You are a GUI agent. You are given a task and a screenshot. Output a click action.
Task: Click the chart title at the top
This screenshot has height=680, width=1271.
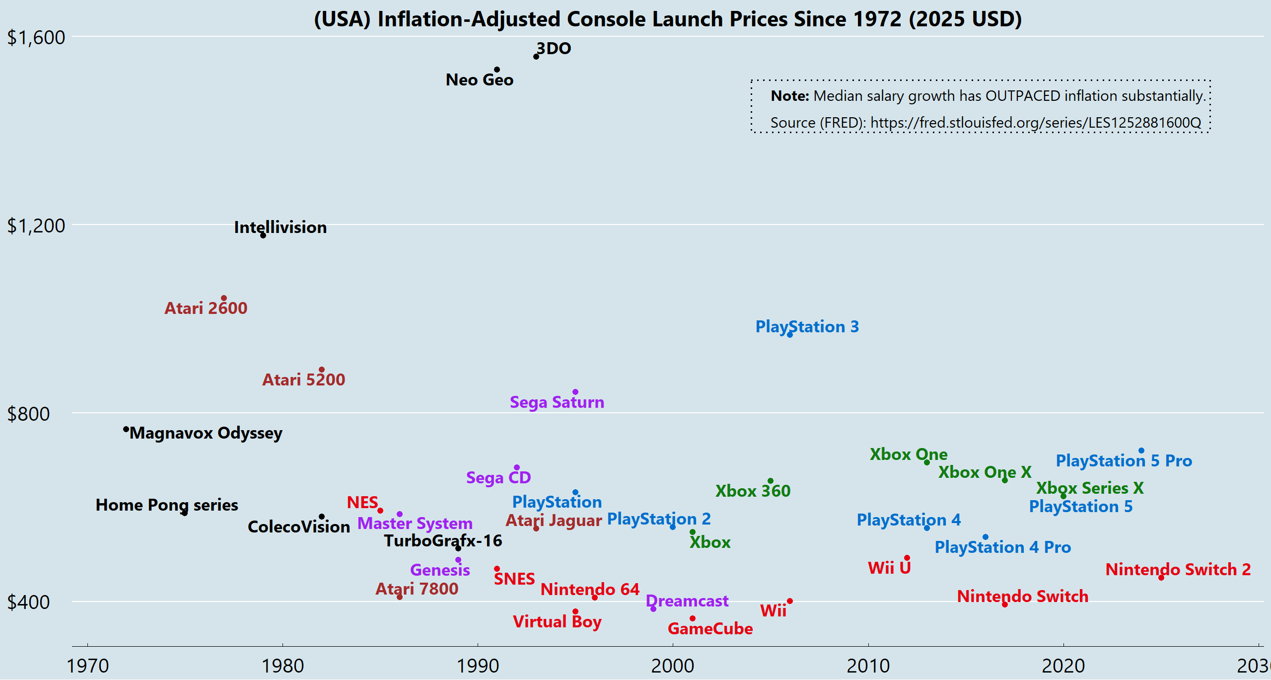[x=668, y=19]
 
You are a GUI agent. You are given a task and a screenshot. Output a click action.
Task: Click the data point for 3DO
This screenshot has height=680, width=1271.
[x=536, y=57]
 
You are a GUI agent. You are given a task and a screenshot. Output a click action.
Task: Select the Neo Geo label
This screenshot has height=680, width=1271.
[x=480, y=79]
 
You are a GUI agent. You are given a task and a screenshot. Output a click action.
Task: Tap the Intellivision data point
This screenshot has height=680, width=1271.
[x=263, y=235]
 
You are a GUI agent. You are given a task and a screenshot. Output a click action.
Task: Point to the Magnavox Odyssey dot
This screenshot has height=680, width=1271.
[x=126, y=430]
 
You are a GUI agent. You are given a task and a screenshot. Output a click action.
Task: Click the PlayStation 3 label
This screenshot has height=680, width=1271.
[x=807, y=326]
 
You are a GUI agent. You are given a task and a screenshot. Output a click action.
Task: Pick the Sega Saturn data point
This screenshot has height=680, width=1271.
[x=575, y=392]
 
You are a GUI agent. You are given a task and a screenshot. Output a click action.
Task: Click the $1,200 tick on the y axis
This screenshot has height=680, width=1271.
[x=36, y=226]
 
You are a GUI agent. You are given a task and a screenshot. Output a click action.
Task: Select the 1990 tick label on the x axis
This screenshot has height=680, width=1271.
[x=478, y=666]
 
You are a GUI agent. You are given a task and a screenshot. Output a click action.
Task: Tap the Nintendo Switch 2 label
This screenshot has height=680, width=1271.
[x=1178, y=569]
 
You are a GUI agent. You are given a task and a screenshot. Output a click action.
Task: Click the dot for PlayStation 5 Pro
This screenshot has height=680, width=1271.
[x=1141, y=451]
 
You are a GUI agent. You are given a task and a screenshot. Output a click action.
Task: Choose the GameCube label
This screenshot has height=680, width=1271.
[x=710, y=628]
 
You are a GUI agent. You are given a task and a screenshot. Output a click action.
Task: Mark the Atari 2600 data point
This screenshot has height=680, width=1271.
[x=224, y=298]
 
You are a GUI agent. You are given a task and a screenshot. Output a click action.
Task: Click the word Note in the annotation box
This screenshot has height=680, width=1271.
[x=790, y=95]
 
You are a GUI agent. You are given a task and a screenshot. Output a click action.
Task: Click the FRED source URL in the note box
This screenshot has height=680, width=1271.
[x=1036, y=122]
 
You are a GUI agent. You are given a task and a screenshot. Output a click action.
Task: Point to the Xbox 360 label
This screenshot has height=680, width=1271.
[x=753, y=491]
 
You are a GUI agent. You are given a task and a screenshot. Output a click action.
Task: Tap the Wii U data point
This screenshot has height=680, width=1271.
[x=907, y=558]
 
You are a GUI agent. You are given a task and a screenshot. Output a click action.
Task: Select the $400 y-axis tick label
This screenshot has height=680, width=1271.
[x=28, y=602]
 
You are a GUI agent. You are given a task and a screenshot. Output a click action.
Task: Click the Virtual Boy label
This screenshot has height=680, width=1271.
[x=557, y=622]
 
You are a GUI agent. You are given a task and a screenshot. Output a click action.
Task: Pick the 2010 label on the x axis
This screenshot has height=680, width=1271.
[x=868, y=666]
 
